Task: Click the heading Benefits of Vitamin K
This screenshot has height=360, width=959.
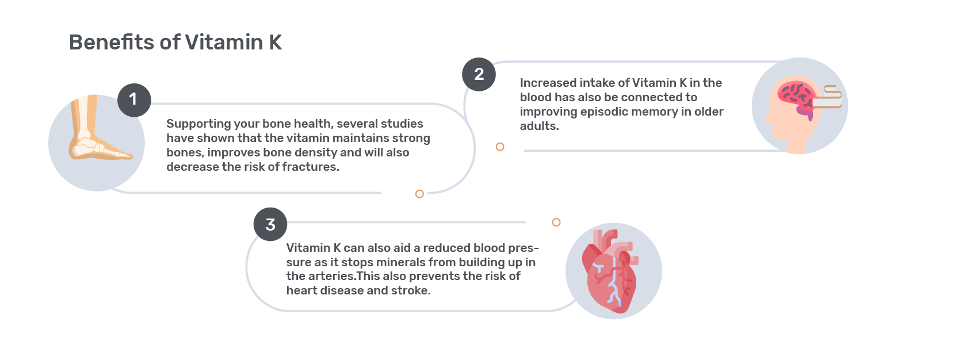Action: point(175,43)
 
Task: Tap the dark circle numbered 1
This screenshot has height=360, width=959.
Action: point(134,100)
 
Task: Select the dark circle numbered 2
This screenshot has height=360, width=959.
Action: point(479,75)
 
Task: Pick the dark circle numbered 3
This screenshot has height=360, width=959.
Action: point(270,224)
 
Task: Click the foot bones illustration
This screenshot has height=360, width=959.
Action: point(98,128)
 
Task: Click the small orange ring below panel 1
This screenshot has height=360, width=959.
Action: point(419,194)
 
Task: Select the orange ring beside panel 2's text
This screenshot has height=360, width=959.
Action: point(499,147)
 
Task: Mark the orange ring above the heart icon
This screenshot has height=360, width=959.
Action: point(556,222)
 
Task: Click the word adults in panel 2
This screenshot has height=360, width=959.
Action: point(538,127)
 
